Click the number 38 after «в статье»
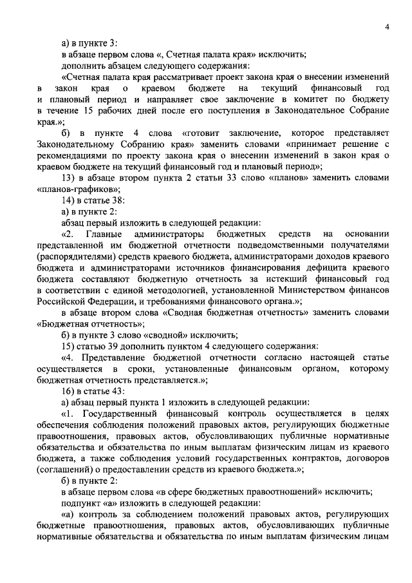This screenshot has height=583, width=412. click(117, 200)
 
